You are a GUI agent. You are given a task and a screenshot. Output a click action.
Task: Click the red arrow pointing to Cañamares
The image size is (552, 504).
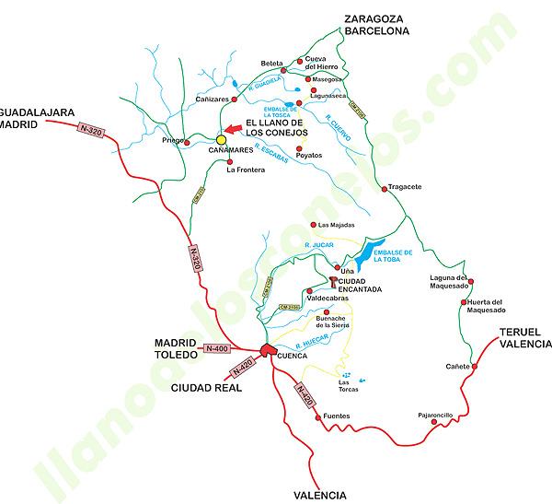click(x=236, y=129)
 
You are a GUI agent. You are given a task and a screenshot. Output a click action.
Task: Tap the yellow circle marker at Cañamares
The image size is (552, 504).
click(x=221, y=140)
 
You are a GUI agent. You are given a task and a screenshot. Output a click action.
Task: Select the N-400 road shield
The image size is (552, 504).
click(x=216, y=348)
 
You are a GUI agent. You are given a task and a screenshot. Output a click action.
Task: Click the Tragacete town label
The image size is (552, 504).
click(x=406, y=187)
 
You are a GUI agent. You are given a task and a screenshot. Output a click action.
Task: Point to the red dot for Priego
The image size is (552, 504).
click(x=187, y=139)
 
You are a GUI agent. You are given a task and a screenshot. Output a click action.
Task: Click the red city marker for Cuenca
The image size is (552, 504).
click(x=267, y=349)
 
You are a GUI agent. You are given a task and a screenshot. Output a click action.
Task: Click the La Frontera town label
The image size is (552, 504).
click(x=245, y=169)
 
